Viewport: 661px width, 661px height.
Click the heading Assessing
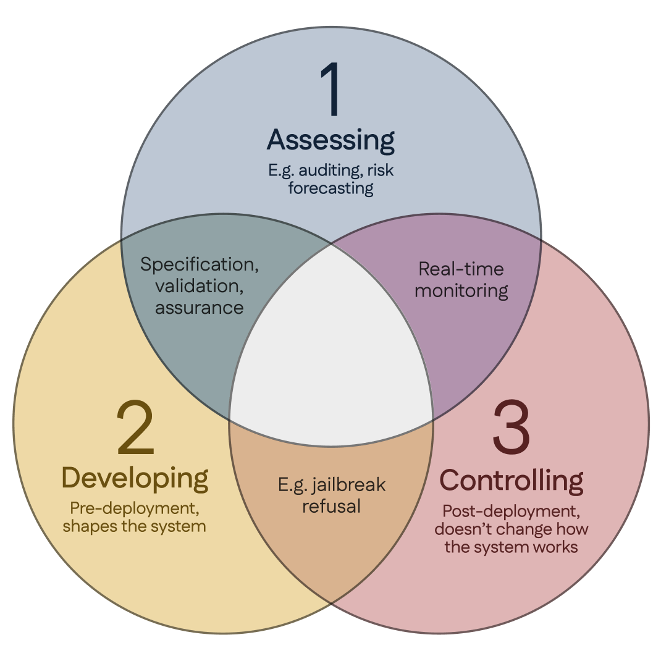(x=331, y=140)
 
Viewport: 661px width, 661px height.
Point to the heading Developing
(x=135, y=479)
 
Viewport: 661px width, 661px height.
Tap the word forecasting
(x=331, y=188)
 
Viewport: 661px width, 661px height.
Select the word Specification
(x=200, y=265)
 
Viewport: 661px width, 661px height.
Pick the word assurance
(x=200, y=308)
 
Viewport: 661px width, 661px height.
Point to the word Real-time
(x=461, y=269)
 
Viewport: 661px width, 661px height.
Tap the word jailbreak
(x=348, y=485)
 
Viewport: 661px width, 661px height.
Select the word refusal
(x=331, y=507)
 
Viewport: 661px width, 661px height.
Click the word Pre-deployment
(x=135, y=509)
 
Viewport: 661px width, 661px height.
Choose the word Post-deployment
(x=512, y=512)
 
